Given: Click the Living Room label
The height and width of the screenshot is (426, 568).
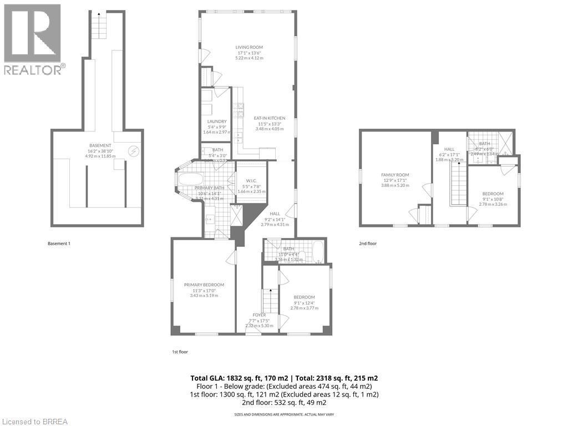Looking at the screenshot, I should (x=248, y=48).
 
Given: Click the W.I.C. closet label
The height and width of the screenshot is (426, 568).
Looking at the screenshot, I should (x=251, y=180).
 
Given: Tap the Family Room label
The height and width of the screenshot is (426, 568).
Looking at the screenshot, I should (x=395, y=175).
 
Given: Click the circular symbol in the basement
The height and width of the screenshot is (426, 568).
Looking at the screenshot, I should (x=134, y=150).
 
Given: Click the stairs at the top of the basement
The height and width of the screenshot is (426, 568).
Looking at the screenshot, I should (x=98, y=26).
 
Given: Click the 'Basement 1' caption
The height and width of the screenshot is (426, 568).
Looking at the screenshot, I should (x=59, y=244).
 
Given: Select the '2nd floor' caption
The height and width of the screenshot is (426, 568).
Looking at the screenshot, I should (x=368, y=244).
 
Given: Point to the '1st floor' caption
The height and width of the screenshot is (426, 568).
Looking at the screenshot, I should (x=180, y=351).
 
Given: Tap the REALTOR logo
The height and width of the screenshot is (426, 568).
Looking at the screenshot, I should (x=33, y=39).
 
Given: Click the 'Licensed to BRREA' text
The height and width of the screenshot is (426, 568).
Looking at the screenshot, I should (x=34, y=422).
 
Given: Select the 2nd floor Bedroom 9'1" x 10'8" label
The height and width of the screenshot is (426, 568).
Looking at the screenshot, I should (x=493, y=194).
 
